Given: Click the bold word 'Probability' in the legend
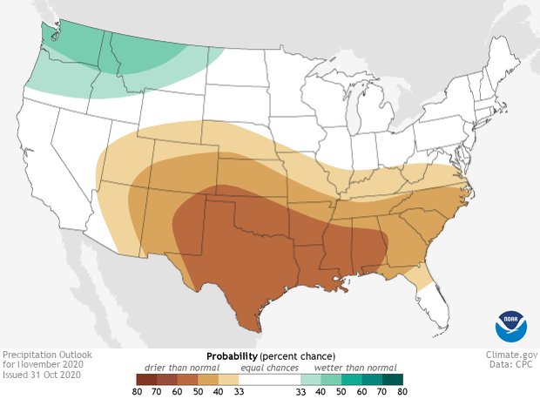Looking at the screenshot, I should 232,357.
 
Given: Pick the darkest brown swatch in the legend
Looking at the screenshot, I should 145,379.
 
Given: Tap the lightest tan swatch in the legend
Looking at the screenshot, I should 229,379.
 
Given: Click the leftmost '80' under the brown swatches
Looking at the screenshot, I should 137,393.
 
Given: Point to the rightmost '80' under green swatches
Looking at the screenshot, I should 402,393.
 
